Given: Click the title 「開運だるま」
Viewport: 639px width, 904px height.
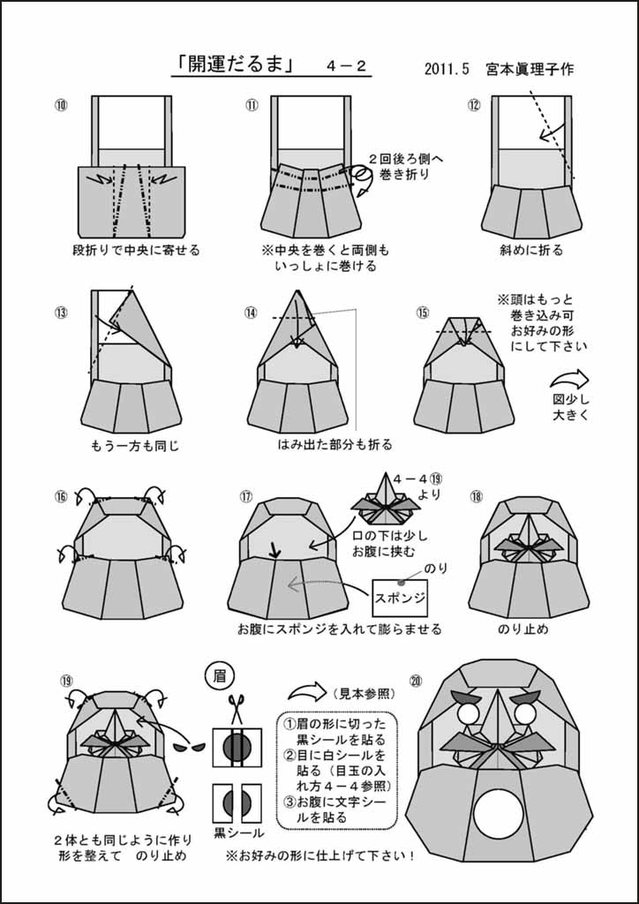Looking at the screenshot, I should pos(234,65).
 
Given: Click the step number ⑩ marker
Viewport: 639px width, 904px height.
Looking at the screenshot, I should pos(61,105).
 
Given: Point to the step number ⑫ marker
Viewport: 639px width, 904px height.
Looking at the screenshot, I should pos(474,105).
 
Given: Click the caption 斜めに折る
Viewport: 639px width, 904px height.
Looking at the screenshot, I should pos(529,250).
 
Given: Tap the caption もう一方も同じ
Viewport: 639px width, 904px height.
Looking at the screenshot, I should pos(135,445).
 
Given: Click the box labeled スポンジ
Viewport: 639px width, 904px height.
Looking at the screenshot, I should pos(401,598).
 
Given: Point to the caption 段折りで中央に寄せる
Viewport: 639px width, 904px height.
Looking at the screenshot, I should pos(136,250).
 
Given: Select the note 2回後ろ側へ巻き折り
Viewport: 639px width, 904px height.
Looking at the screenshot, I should pos(400,166).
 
